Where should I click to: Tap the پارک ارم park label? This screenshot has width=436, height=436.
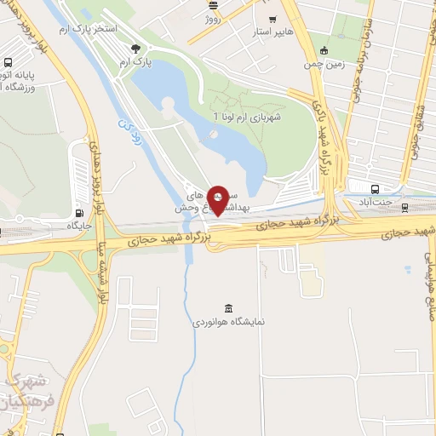click(x=135, y=63)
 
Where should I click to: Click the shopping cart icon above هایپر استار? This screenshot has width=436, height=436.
click(x=272, y=18)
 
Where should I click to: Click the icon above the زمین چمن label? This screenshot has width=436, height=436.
click(x=324, y=49)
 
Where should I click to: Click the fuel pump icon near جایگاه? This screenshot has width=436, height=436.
click(x=79, y=213)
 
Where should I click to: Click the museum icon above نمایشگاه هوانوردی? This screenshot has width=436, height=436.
click(x=227, y=307)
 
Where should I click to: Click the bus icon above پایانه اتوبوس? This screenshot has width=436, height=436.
click(x=8, y=62)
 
